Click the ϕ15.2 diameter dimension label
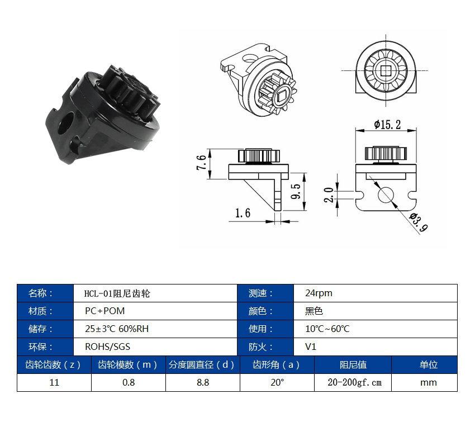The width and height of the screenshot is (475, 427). tap(387, 125)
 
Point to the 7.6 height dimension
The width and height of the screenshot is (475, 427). tap(201, 163)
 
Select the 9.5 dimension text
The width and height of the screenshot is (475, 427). tap(296, 191)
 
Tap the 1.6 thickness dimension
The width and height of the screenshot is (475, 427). tap(243, 213)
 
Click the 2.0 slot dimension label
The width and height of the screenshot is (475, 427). tap(329, 194)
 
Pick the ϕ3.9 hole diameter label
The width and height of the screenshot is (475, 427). tap(419, 222)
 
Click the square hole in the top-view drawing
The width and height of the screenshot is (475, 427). tap(386, 70)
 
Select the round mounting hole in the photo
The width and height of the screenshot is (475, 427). tap(66, 124)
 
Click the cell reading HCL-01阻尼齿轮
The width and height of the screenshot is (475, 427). tap(155, 293)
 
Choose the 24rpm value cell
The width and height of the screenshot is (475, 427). tap(376, 293)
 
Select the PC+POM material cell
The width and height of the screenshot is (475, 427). tap(155, 311)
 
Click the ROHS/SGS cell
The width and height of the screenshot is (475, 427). tap(155, 347)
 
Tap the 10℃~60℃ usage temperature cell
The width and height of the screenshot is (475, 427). tap(376, 329)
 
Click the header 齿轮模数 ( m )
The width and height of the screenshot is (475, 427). tap(129, 364)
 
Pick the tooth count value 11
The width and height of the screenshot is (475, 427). tap(54, 382)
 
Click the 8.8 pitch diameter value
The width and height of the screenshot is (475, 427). tap(203, 382)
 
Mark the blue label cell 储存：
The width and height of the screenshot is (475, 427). tap(45, 329)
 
